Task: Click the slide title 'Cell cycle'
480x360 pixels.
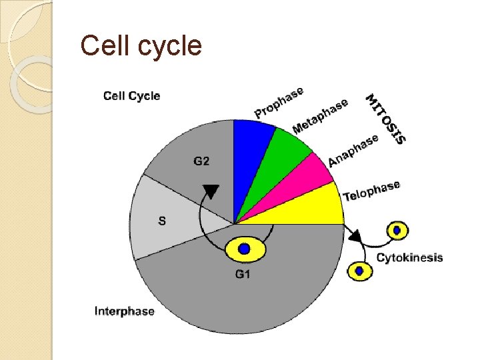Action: click(x=141, y=46)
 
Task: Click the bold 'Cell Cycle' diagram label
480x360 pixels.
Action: click(x=131, y=95)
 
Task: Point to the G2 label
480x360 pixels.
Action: click(x=201, y=161)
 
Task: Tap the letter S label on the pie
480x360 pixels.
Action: click(x=162, y=221)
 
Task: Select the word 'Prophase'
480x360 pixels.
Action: click(x=279, y=103)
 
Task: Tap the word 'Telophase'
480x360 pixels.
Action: click(x=371, y=190)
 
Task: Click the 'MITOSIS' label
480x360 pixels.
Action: click(x=386, y=119)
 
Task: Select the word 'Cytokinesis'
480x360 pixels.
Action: click(x=409, y=258)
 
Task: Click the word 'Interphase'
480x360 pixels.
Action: click(x=124, y=311)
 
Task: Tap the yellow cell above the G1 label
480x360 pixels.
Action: click(x=245, y=249)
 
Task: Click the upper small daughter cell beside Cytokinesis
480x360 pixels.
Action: click(x=398, y=231)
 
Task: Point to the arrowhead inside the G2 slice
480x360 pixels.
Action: click(x=211, y=191)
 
